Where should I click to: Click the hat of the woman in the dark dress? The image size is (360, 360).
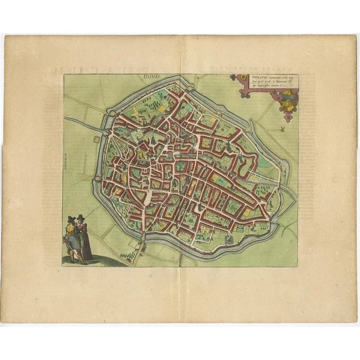point(81,217)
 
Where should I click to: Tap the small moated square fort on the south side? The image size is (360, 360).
point(228,241)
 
